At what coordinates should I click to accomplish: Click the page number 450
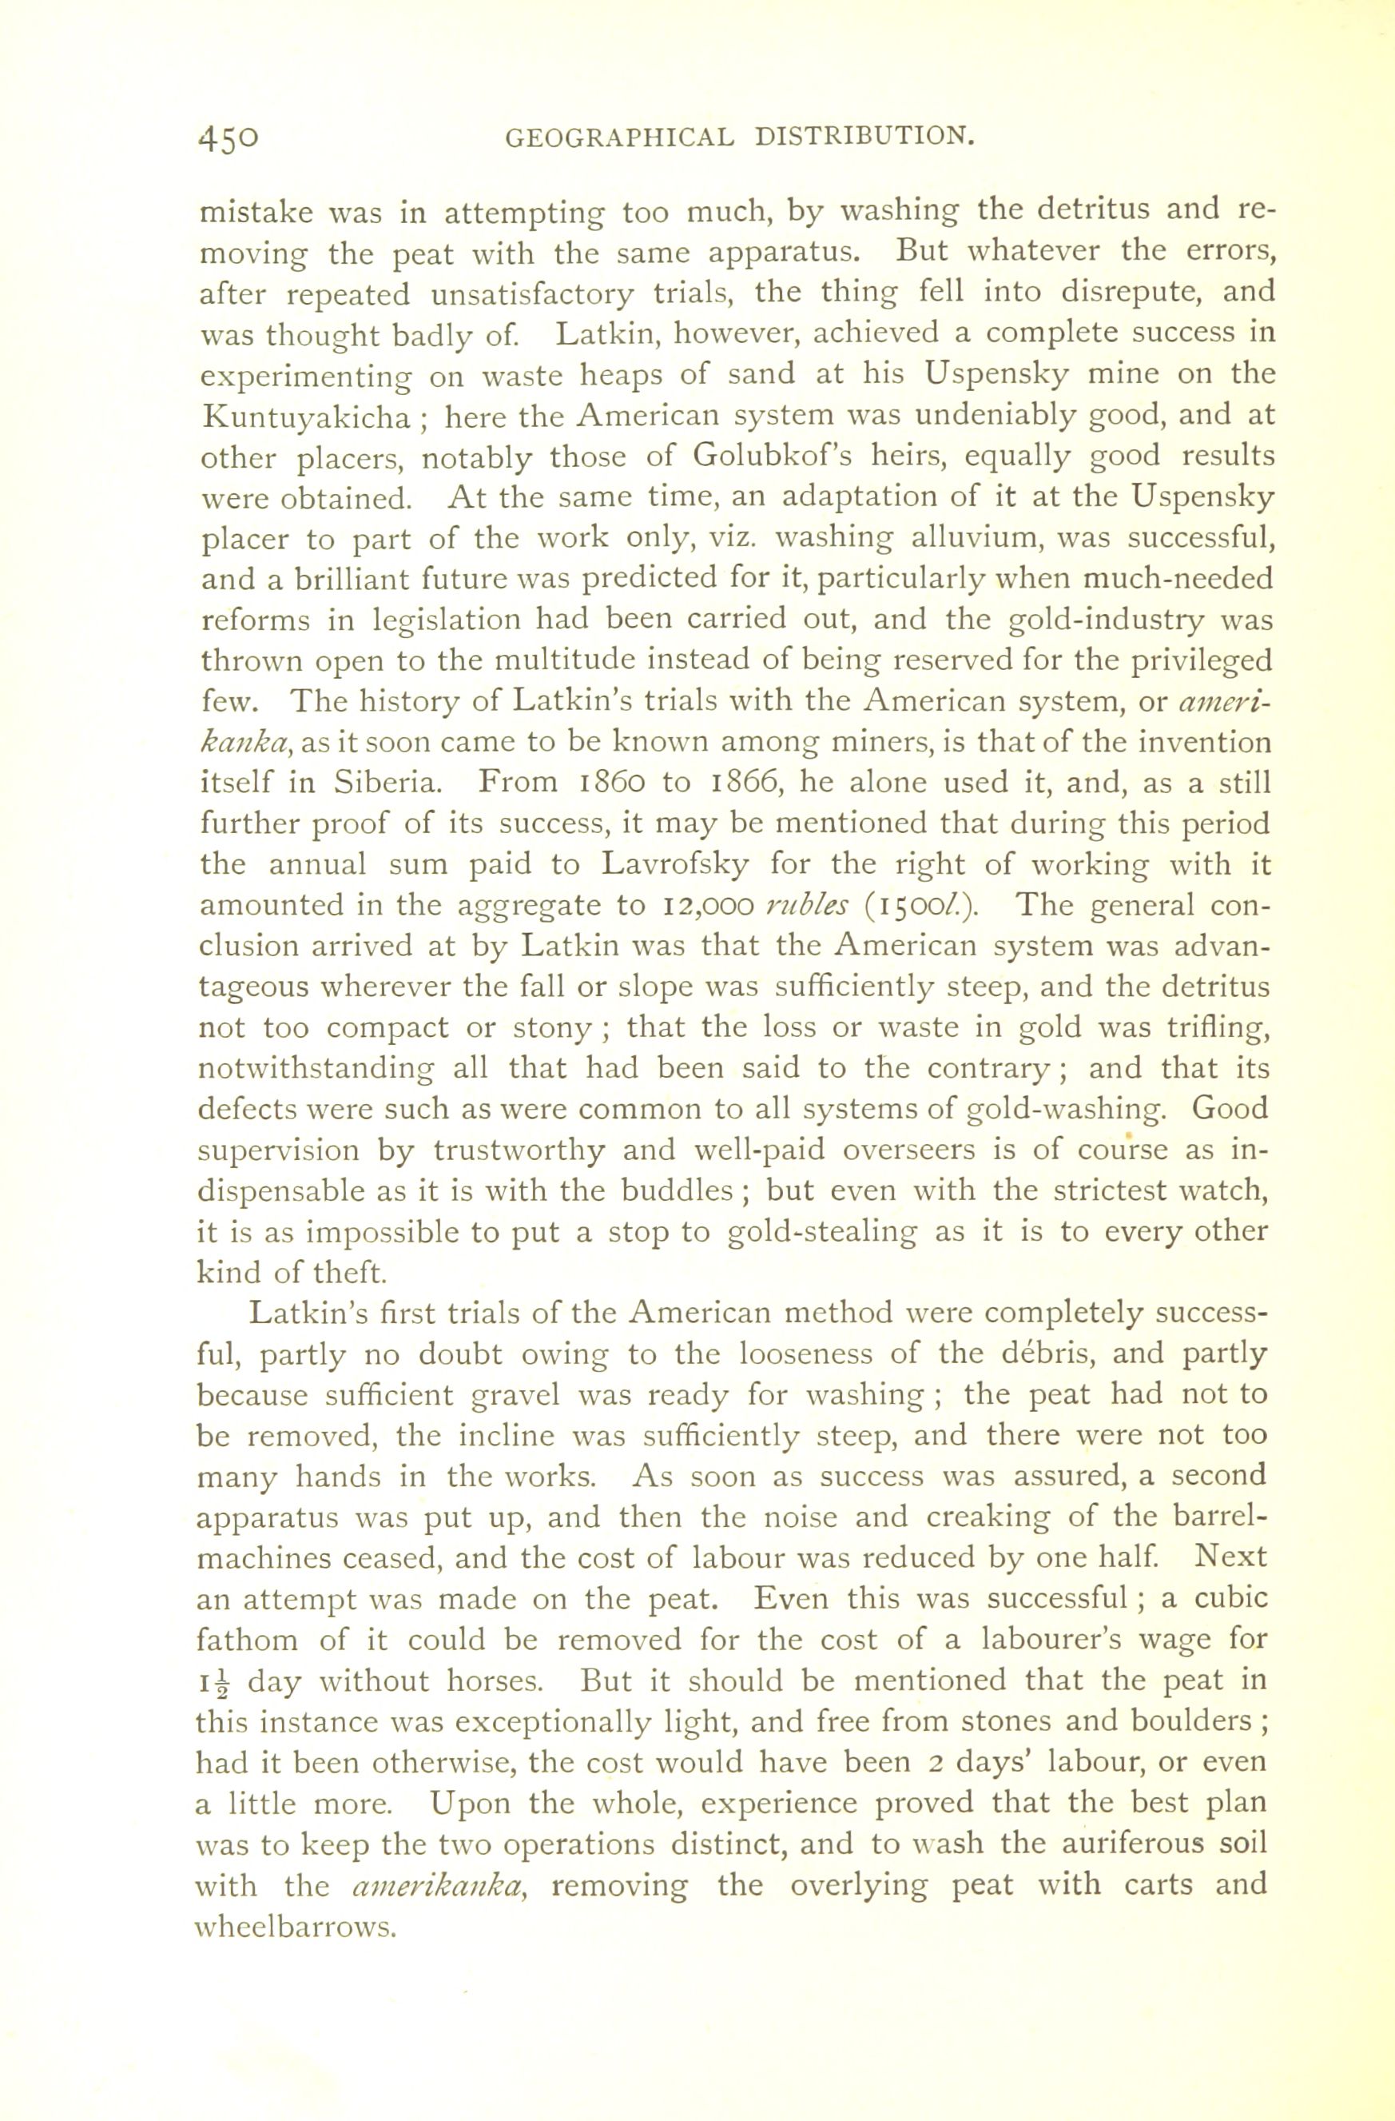(x=229, y=138)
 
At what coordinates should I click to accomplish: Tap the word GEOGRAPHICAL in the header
(x=619, y=138)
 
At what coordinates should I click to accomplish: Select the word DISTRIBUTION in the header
(x=861, y=138)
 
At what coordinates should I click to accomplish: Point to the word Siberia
(x=387, y=782)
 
